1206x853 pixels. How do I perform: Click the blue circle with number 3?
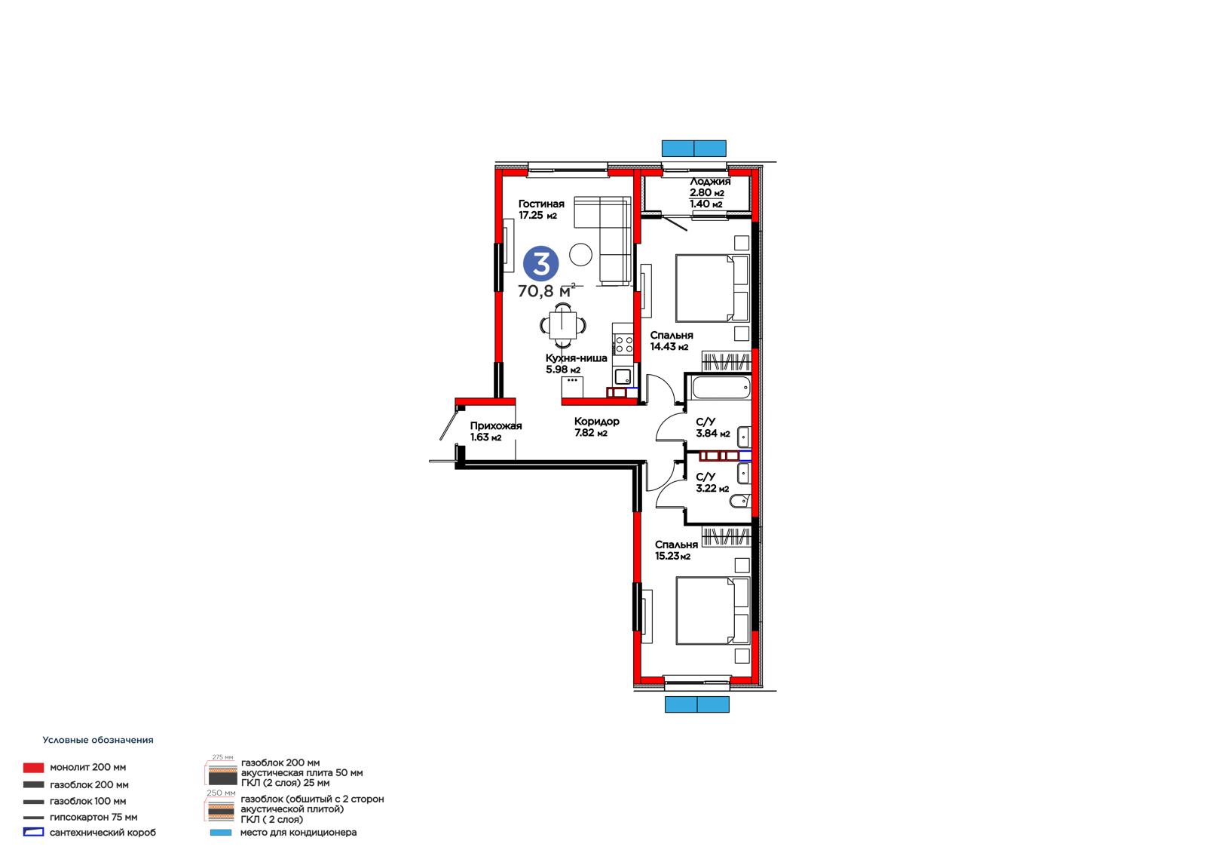pyautogui.click(x=540, y=263)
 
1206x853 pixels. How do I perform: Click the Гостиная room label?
pyautogui.click(x=541, y=204)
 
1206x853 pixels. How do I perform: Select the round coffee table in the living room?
pyautogui.click(x=581, y=254)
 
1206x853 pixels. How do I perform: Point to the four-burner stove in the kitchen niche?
pyautogui.click(x=624, y=344)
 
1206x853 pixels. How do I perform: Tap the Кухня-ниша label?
pyautogui.click(x=576, y=357)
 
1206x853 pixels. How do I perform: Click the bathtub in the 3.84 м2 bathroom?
pyautogui.click(x=721, y=388)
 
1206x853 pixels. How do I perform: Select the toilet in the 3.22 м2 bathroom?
pyautogui.click(x=739, y=502)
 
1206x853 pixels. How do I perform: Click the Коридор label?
pyautogui.click(x=596, y=422)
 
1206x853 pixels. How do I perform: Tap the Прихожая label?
pyautogui.click(x=496, y=425)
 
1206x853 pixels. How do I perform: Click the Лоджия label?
pyautogui.click(x=710, y=182)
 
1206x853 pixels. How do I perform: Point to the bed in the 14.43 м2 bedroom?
pyautogui.click(x=712, y=288)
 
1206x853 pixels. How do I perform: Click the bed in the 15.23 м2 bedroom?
pyautogui.click(x=712, y=610)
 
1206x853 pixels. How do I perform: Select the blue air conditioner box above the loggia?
pyautogui.click(x=693, y=148)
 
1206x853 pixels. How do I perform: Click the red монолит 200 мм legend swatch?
pyautogui.click(x=33, y=767)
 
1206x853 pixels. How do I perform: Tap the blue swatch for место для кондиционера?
pyautogui.click(x=221, y=833)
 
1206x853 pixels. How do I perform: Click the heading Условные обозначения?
pyautogui.click(x=98, y=740)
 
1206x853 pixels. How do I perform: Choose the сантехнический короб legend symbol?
pyautogui.click(x=33, y=833)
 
